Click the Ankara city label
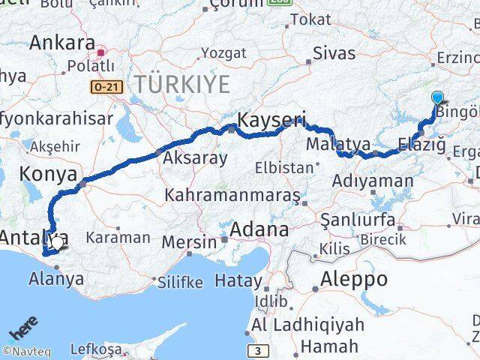[x=62, y=42]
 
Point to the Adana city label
[x=259, y=229]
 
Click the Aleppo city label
[x=353, y=280]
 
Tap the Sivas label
[x=333, y=52]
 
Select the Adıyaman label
[x=372, y=181]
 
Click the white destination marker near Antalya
[x=57, y=242]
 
